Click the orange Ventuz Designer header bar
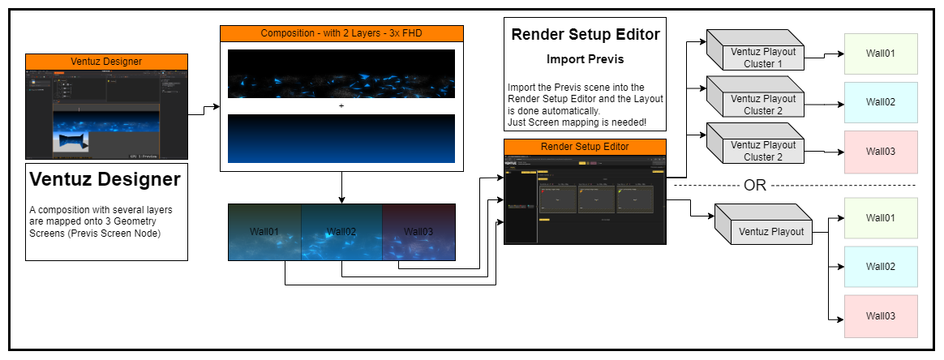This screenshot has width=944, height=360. point(106,62)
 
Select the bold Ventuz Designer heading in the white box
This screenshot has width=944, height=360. point(105,179)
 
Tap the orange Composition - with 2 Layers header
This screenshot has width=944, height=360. point(341,33)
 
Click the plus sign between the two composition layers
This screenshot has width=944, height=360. point(341,106)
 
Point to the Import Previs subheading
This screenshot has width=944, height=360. point(585,59)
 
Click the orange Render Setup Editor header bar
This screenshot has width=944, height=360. point(585,147)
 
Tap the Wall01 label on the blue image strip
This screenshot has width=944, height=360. point(264,232)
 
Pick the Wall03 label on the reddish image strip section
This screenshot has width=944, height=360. point(418,232)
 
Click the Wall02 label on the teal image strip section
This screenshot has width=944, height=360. point(341,232)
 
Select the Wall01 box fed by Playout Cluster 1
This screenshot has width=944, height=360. point(881,54)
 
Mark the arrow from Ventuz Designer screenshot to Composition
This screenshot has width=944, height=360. point(204,111)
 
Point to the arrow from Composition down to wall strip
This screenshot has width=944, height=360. point(341,187)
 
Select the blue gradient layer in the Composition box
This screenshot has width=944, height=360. point(341,139)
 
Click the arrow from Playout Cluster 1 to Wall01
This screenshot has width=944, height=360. point(824,56)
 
